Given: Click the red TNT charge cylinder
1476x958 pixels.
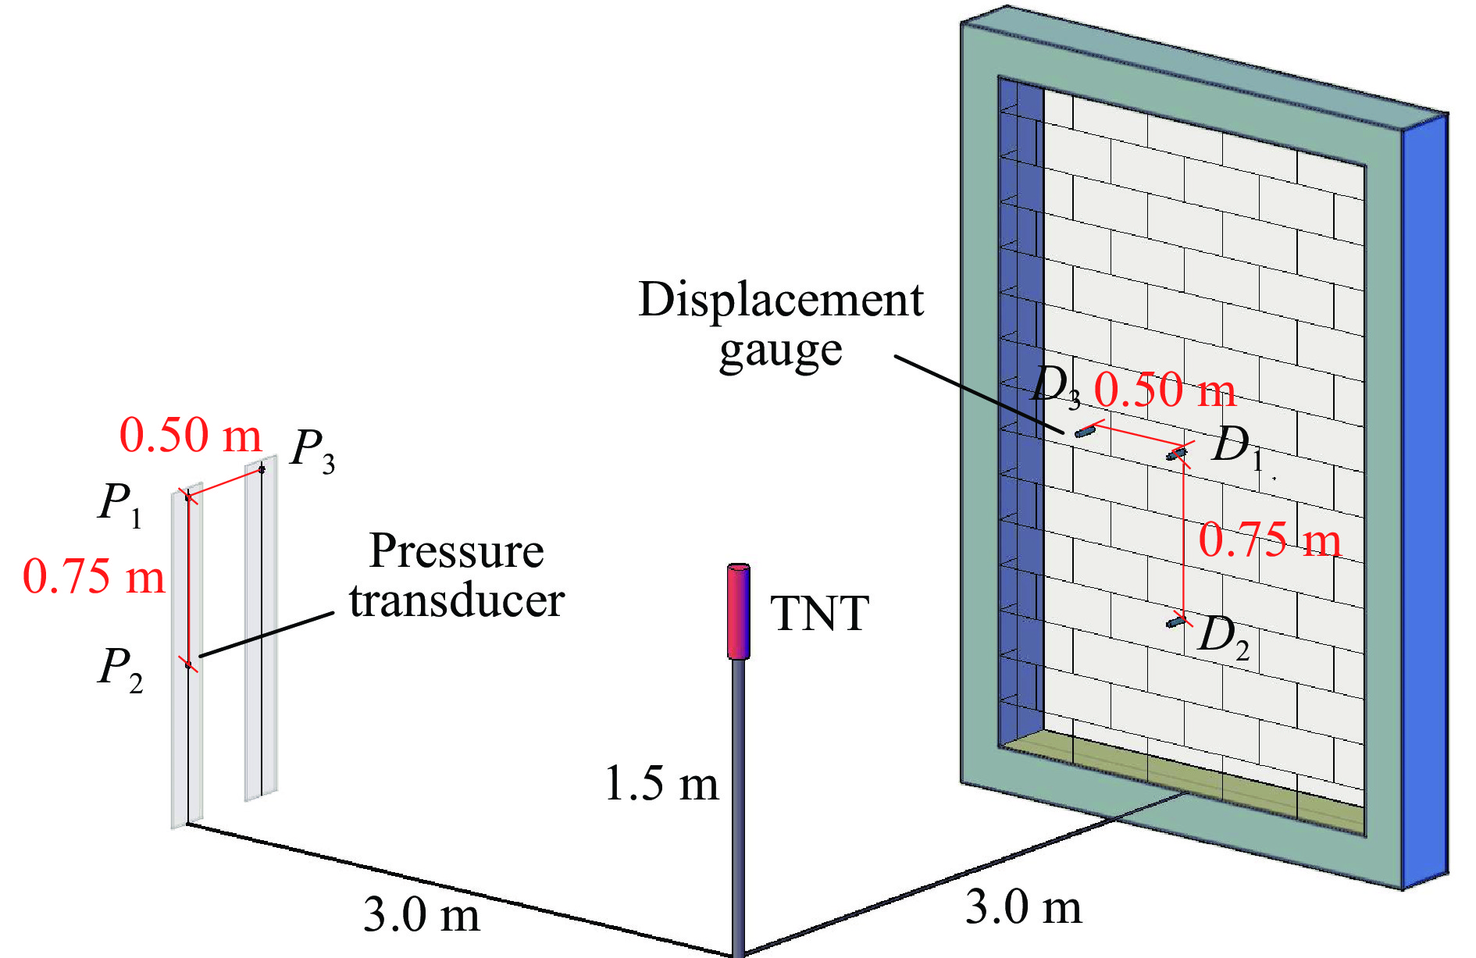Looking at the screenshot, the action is [738, 611].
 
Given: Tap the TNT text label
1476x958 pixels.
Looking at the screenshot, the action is [819, 614].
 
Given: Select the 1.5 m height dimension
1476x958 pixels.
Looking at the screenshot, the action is [661, 783].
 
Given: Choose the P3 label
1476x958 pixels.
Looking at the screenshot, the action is [312, 451].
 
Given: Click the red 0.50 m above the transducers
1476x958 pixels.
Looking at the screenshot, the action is [191, 435].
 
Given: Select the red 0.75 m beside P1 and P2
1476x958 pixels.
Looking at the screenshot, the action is [94, 577].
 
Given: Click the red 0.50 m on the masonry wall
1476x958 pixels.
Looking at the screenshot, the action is [1164, 390].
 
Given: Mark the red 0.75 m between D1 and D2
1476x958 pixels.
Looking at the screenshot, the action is [1270, 540].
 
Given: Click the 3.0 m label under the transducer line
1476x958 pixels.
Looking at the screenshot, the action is [422, 914].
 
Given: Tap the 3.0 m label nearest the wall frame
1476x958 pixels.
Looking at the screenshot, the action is [1024, 907].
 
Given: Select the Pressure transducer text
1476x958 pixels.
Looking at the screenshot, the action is [457, 575].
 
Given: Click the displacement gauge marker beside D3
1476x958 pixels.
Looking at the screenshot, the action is [1085, 431].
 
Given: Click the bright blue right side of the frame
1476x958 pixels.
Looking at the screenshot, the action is [1425, 500].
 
